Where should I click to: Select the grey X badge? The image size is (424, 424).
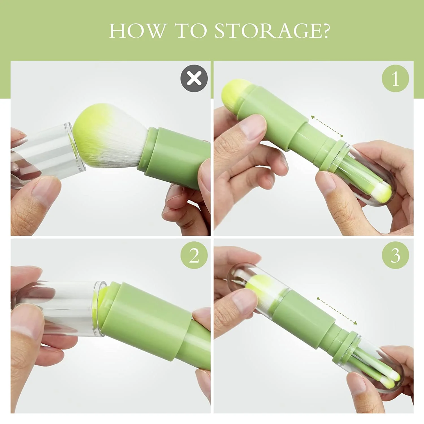(194, 78)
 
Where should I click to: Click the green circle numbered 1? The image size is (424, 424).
(395, 78)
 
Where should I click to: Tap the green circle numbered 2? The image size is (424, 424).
(194, 256)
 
